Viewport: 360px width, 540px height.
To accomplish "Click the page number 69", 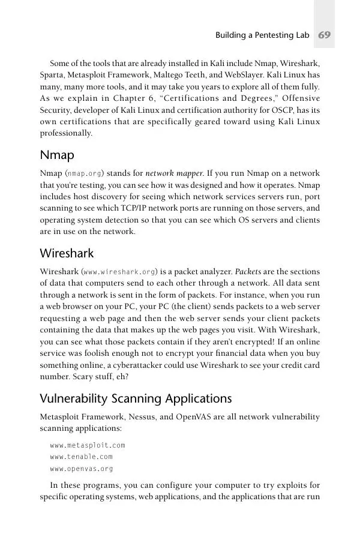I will click(325, 35).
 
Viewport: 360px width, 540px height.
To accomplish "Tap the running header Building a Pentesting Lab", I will click(262, 35).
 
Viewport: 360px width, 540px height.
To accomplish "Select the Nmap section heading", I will click(57, 155).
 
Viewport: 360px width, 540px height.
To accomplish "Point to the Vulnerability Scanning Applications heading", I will click(136, 398).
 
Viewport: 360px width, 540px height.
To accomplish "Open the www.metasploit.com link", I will click(88, 445).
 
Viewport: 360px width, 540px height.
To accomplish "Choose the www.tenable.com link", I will click(81, 457).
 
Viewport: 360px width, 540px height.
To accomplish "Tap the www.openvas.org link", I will click(81, 469).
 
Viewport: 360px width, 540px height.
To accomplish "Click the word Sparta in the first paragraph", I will click(52, 75).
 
